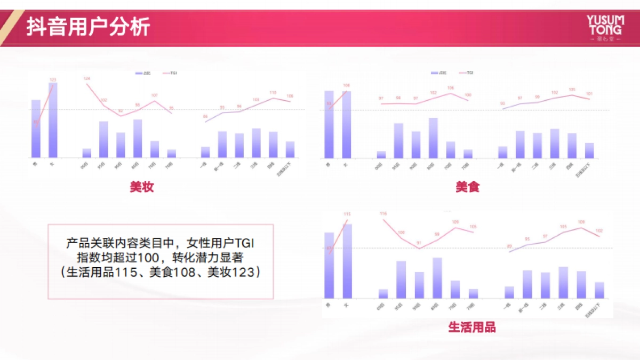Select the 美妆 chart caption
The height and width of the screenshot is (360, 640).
coord(141,187)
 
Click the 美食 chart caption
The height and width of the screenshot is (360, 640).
coord(468,187)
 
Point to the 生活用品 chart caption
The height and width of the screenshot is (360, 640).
coord(471,327)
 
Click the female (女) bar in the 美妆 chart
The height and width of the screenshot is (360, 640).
coord(53,120)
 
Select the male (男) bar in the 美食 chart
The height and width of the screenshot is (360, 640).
coord(329,125)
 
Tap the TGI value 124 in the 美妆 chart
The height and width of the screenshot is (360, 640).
coord(87,79)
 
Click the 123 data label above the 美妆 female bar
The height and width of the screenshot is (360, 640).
coord(53,80)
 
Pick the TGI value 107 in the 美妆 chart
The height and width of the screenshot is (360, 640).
coord(155,95)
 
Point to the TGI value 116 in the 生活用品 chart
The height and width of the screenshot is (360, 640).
coord(383,214)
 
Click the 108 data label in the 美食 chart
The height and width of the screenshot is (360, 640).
coord(346,85)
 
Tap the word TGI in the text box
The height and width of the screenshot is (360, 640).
coord(245,243)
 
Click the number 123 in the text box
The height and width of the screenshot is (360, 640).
coord(248,272)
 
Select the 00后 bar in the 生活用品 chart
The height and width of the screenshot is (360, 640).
coord(383,293)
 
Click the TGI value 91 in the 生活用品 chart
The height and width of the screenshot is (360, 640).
coord(419,243)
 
